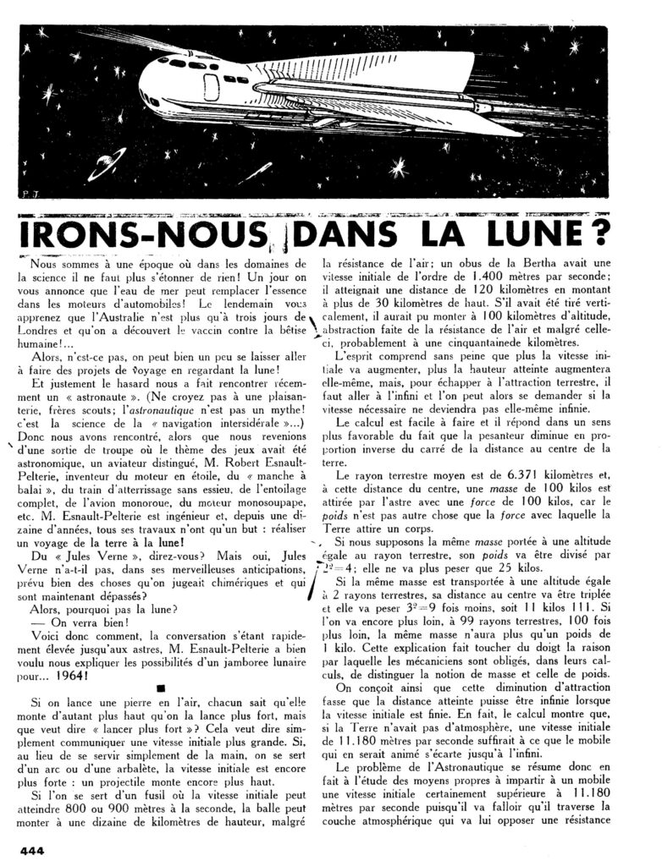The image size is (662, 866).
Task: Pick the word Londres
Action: (42, 341)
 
